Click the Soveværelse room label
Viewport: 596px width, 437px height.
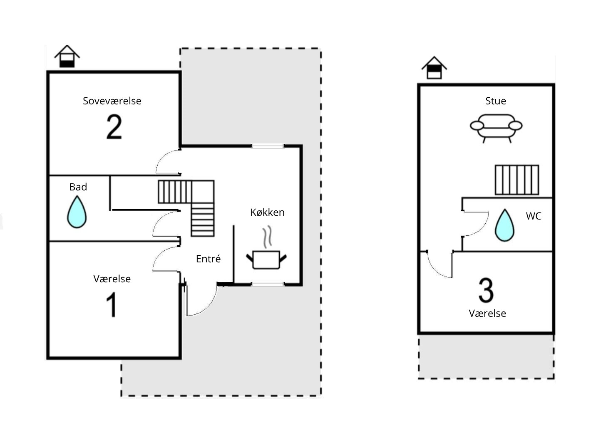point(112,101)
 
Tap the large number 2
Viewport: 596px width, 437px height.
point(114,127)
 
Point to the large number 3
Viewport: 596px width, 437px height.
point(486,290)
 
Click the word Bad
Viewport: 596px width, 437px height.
point(78,187)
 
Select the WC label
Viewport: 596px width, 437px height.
point(534,216)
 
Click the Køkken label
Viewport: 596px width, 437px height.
point(267,212)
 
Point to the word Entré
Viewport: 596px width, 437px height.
point(208,259)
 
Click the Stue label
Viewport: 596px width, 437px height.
point(495,101)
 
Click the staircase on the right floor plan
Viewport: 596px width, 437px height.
point(517,180)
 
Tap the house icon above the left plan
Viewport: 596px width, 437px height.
point(67,56)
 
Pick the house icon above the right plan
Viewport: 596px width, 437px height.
point(434,68)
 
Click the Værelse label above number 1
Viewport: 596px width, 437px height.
point(112,279)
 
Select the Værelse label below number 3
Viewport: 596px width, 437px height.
point(487,314)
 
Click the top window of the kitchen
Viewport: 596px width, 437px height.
point(268,146)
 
